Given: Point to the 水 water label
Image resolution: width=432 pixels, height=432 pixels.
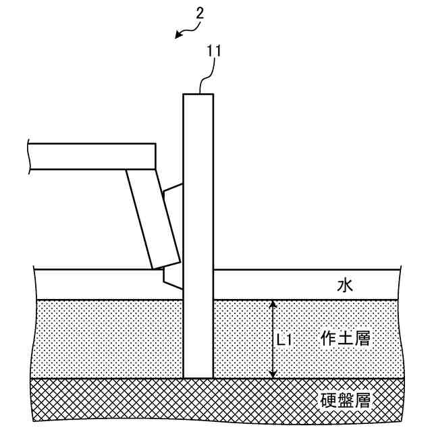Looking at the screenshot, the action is (x=346, y=286).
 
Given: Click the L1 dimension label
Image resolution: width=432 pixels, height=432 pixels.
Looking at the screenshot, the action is (x=284, y=340).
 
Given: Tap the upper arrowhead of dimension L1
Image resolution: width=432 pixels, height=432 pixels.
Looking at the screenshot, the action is (x=272, y=304).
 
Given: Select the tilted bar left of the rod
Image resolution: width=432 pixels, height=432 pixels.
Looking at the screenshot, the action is (x=151, y=216).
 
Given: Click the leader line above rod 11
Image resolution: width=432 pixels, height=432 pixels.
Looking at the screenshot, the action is (x=205, y=78).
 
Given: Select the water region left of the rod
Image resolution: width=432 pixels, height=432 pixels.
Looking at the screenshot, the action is (x=94, y=283).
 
